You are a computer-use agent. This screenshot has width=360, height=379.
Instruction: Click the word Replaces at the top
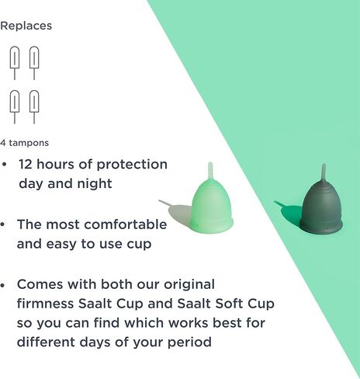tap(26, 26)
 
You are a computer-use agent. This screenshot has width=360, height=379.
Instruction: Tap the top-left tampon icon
tap(15, 63)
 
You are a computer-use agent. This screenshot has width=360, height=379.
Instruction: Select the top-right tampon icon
tap(34, 63)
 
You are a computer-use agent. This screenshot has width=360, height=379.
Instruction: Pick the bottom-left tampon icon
tap(15, 106)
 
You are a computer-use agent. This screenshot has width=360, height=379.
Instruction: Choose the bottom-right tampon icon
tap(34, 106)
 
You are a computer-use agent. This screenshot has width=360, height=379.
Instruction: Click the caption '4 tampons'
tap(24, 143)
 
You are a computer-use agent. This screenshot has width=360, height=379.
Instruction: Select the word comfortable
tap(126, 224)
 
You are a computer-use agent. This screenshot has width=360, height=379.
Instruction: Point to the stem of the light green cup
tap(210, 170)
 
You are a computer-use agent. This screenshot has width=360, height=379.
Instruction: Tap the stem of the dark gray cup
tap(324, 172)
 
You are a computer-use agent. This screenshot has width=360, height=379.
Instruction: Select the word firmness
tap(45, 304)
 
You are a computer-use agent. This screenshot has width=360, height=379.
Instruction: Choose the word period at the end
tap(189, 343)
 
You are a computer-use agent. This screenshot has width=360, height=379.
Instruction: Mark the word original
tap(189, 285)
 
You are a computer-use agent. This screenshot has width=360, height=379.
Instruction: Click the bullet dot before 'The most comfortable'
tap(2, 224)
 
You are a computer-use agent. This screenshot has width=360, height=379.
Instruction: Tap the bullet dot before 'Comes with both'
tap(2, 285)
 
